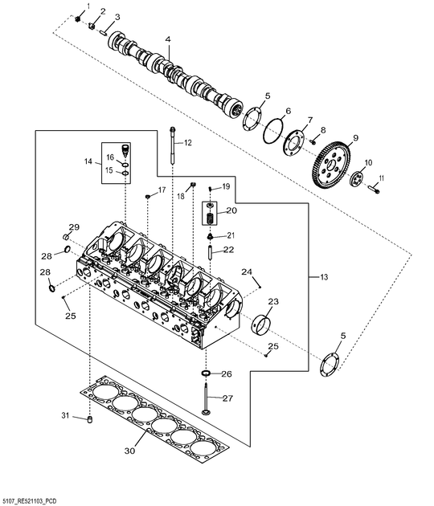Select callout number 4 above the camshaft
(168, 39)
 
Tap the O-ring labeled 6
(275, 132)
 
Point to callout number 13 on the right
(324, 277)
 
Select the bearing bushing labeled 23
(262, 323)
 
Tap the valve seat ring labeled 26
(207, 374)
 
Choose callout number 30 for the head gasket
(129, 451)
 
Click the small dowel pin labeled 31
(91, 419)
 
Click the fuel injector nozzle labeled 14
(125, 152)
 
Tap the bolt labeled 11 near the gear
(374, 191)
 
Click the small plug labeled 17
(148, 196)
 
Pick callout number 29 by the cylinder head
(74, 226)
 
